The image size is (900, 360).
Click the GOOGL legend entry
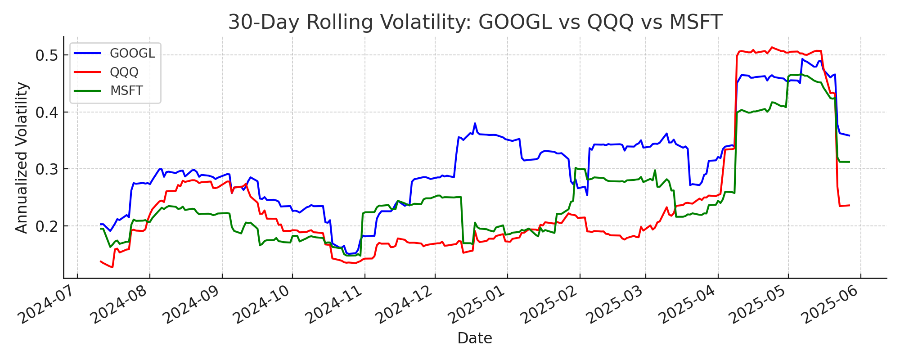click(132, 54)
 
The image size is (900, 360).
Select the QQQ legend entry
click(124, 72)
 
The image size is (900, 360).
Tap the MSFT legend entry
click(126, 90)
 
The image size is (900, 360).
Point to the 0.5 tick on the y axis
click(46, 55)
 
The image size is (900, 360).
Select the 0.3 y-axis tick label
click(46, 169)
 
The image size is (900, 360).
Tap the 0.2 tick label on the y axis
click(46, 226)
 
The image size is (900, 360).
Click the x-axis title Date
click(475, 338)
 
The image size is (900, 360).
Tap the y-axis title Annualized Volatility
click(22, 157)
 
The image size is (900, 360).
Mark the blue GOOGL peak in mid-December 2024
click(475, 123)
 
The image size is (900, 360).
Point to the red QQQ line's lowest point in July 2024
click(112, 267)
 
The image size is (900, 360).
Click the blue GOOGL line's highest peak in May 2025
click(802, 59)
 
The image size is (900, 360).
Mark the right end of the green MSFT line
click(849, 162)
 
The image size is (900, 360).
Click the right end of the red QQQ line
click(849, 205)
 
